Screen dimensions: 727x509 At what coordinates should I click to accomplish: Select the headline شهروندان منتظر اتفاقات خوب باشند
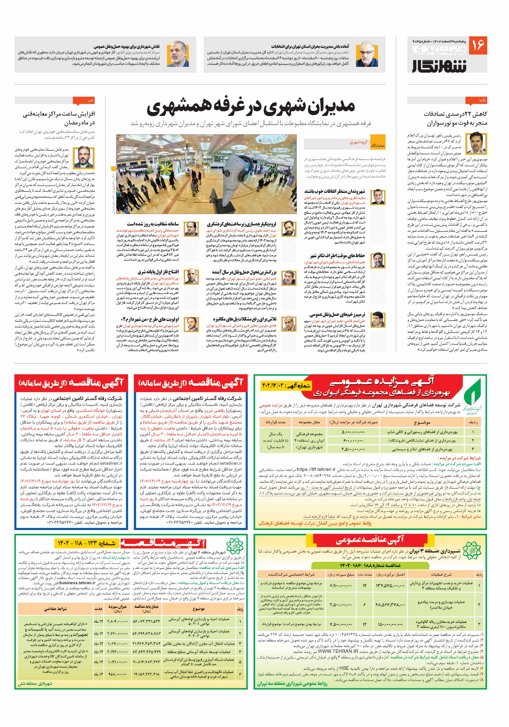(x=335, y=191)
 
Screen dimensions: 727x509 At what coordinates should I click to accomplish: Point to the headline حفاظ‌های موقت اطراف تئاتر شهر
(x=337, y=256)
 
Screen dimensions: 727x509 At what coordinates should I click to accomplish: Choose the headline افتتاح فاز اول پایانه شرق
(x=158, y=272)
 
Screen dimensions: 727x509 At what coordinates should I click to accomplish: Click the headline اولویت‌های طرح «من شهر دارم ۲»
(x=150, y=319)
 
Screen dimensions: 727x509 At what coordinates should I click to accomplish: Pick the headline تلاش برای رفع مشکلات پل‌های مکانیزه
(x=245, y=319)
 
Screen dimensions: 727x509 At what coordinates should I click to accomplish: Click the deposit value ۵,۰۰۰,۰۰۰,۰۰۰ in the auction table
(x=353, y=432)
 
